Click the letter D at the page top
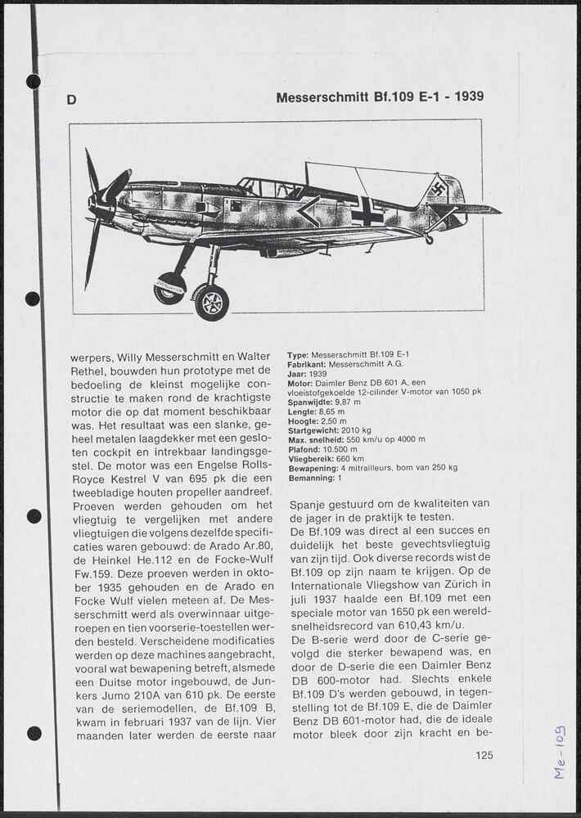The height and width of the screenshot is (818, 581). pos(72,100)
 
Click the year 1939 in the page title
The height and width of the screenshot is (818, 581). pos(469,97)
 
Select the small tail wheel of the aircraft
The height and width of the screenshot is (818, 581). pos(428,239)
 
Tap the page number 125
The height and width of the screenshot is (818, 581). pos(484,755)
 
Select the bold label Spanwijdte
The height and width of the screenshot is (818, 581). pos(309,402)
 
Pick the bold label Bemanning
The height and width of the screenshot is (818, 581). pos(311,477)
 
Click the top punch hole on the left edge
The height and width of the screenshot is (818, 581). pos(34,81)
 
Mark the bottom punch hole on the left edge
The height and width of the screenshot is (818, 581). pos(34,733)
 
